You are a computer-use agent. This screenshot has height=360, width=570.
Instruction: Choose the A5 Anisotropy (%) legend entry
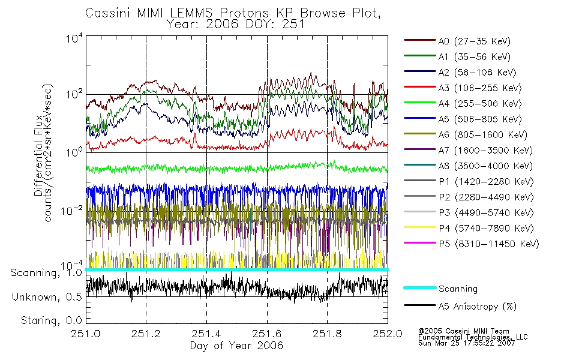click(476, 307)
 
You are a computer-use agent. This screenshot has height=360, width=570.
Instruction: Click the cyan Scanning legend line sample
click(419, 289)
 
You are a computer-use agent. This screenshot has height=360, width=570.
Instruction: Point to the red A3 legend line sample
click(419, 88)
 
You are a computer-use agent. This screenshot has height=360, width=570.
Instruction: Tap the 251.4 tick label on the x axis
click(206, 335)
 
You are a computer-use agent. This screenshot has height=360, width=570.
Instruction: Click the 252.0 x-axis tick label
click(388, 335)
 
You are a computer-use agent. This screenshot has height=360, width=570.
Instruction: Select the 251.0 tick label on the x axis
click(86, 335)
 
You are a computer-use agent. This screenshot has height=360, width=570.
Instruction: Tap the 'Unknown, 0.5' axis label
click(46, 297)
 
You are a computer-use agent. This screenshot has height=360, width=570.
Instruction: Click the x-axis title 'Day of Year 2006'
click(236, 346)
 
